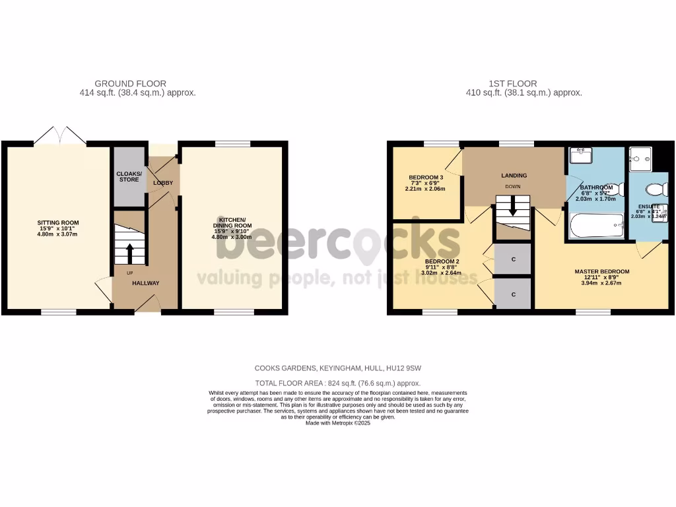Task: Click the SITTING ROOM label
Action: tap(58, 223)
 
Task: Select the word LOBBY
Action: tap(163, 182)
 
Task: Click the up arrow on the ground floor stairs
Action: tap(129, 251)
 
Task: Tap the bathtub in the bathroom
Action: tap(596, 225)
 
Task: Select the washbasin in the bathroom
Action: tap(582, 156)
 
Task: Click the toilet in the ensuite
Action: tap(655, 190)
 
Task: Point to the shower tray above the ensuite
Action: tap(640, 158)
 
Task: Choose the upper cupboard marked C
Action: tap(513, 259)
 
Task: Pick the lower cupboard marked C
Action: tap(513, 293)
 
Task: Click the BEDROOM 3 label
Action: tap(426, 178)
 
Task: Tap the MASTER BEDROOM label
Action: tap(601, 271)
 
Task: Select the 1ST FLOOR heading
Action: tap(512, 84)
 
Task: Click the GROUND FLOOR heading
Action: tap(130, 84)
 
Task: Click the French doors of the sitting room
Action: tap(60, 135)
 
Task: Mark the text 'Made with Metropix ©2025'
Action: tap(338, 423)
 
